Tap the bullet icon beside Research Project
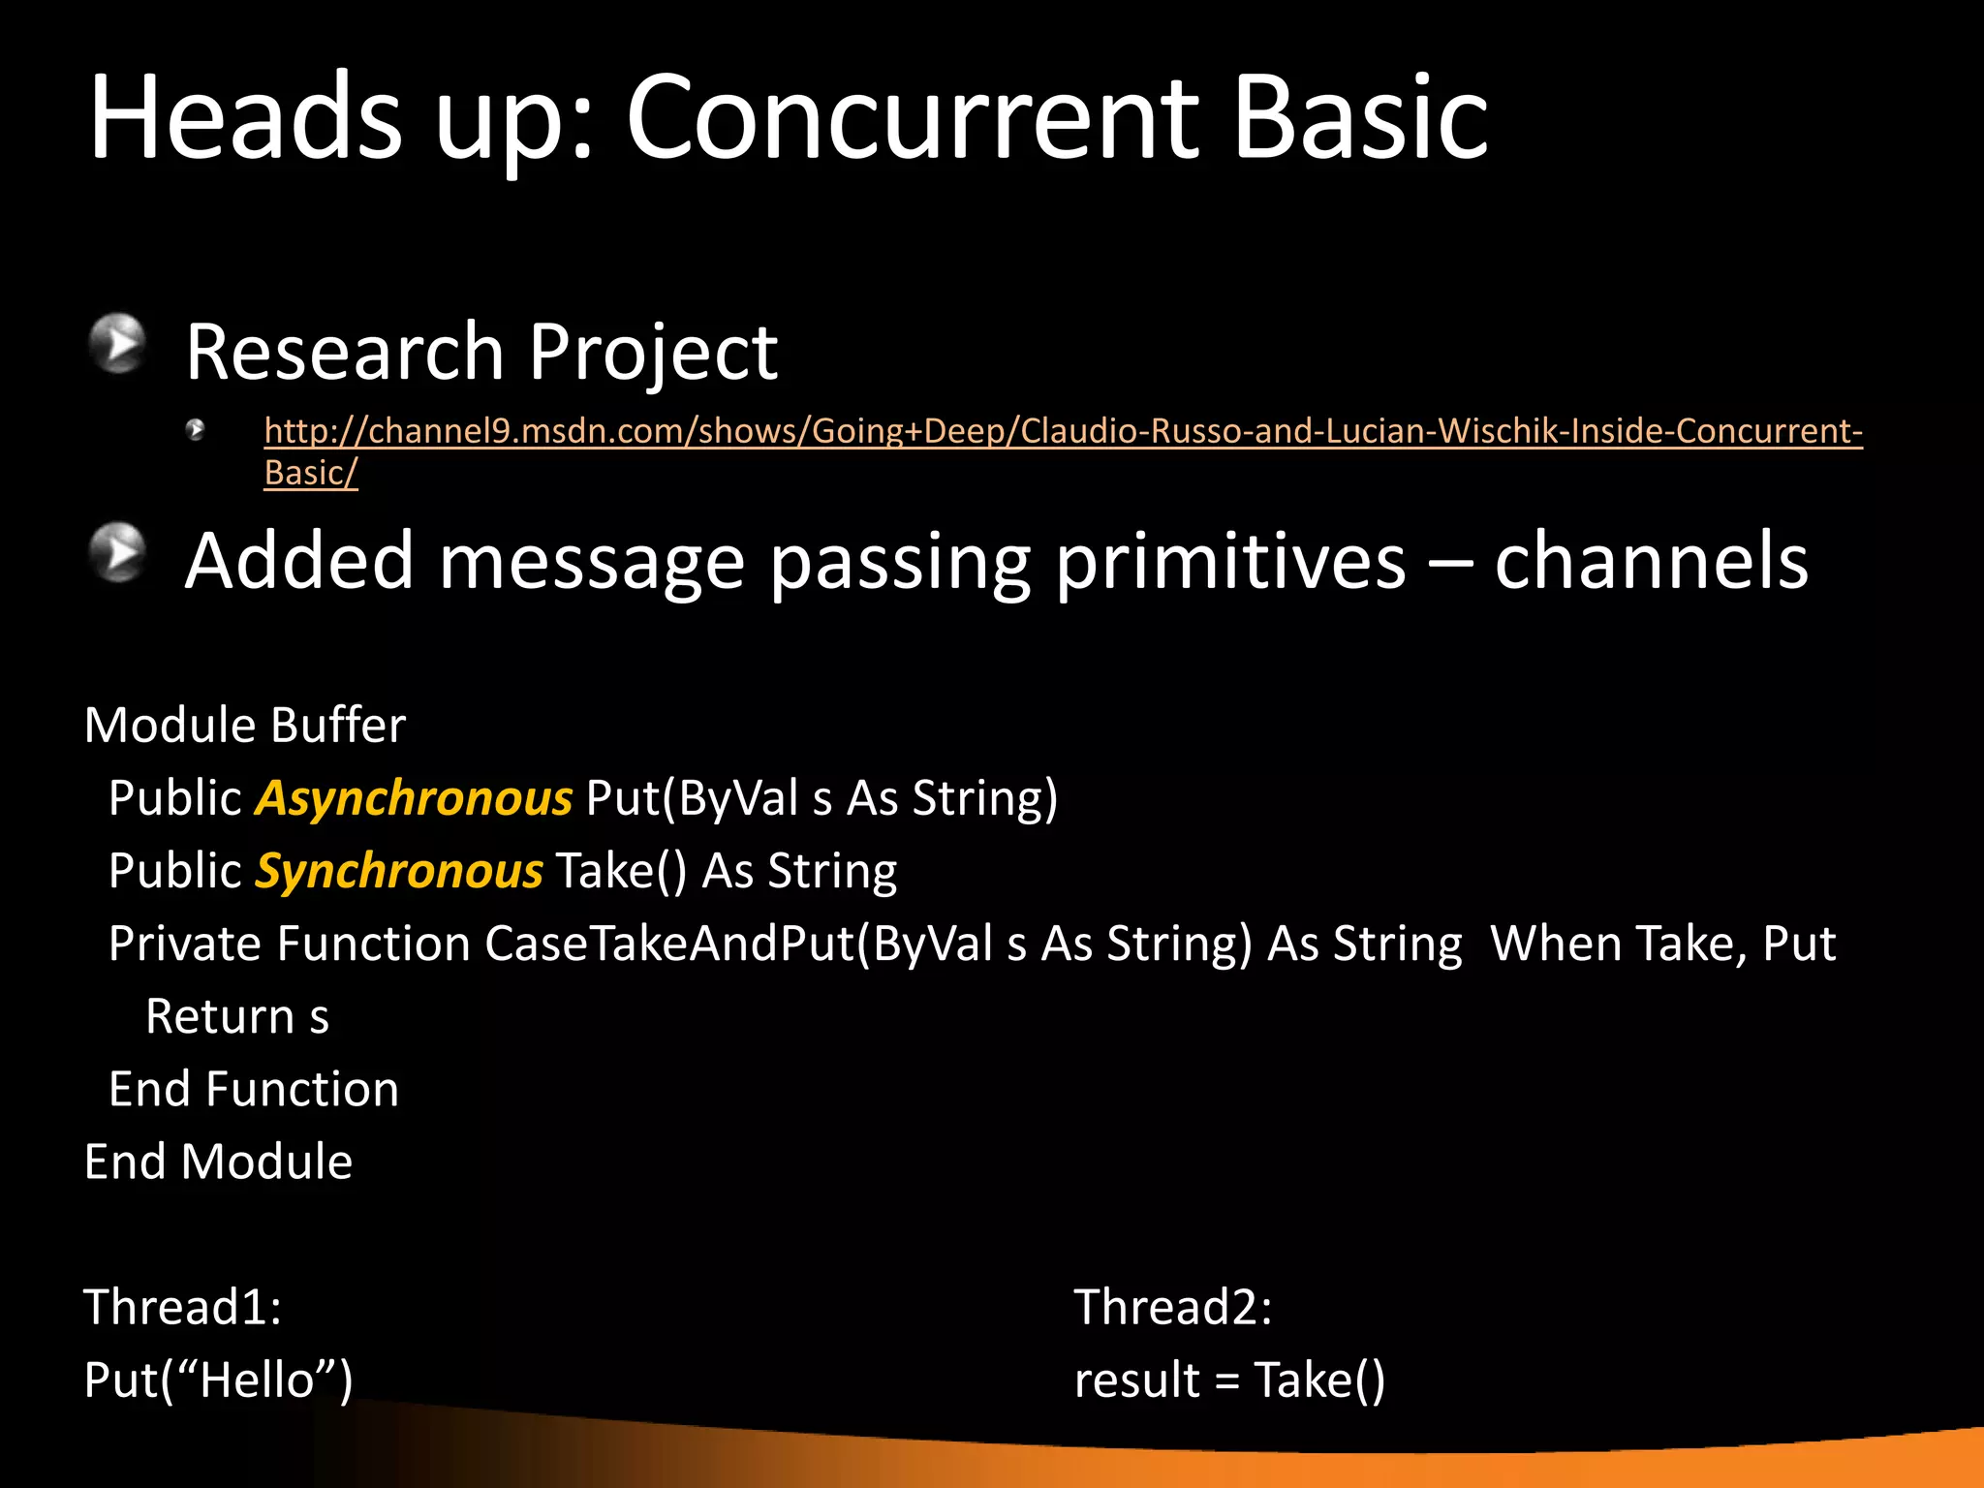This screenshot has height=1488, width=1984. (118, 343)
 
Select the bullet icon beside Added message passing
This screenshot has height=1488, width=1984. (118, 552)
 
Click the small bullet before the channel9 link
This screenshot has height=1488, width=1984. (196, 429)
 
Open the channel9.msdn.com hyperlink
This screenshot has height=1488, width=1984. (1062, 431)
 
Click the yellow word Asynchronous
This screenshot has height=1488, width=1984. (414, 799)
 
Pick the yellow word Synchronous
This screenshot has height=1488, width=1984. (398, 872)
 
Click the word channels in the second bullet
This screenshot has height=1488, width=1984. (1650, 562)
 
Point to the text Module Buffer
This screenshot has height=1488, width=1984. (245, 726)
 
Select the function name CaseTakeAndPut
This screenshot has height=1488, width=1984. (669, 945)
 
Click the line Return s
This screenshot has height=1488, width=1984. (237, 1017)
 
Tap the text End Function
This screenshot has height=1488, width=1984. (254, 1090)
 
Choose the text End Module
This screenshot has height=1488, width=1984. (218, 1162)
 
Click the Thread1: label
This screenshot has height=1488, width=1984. (182, 1308)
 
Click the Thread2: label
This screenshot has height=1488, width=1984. (1172, 1308)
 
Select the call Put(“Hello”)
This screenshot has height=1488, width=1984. (218, 1380)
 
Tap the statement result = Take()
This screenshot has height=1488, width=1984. (1229, 1380)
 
